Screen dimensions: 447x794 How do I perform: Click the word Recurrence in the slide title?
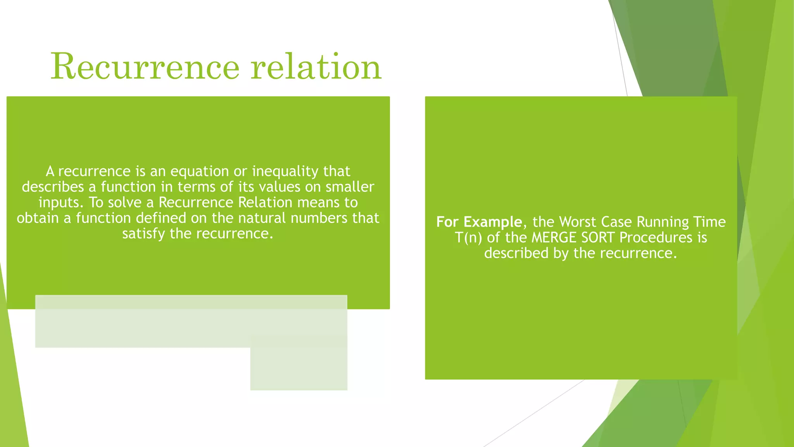click(145, 67)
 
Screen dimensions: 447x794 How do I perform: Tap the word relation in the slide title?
click(316, 67)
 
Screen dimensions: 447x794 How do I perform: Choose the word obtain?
click(38, 218)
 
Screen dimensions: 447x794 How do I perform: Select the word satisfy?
click(144, 234)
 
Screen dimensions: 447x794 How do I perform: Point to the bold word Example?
click(493, 222)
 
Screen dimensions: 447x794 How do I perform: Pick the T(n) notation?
click(468, 237)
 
